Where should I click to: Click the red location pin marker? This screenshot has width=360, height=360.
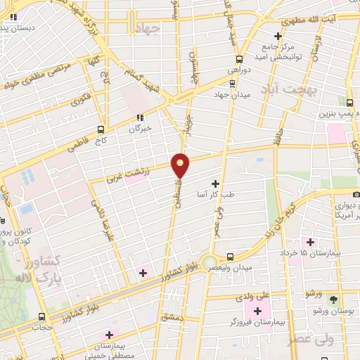coord(181,166)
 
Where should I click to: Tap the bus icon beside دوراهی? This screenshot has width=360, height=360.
coord(239,60)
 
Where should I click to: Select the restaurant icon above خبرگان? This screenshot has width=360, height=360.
coord(140,117)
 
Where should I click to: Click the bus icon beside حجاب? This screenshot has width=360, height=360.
coord(42,316)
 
